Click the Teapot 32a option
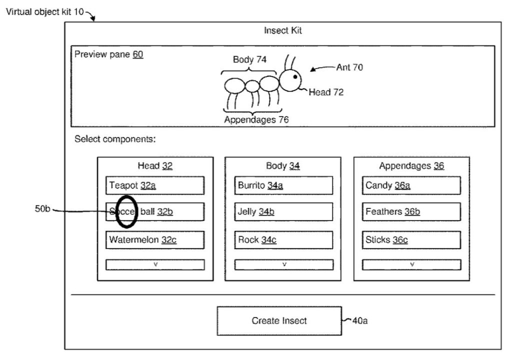(x=155, y=185)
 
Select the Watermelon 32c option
(x=155, y=240)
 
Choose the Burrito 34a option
(x=283, y=185)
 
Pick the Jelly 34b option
(x=283, y=212)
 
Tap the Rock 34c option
(x=283, y=240)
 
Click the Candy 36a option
(x=411, y=185)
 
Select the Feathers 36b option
(x=411, y=212)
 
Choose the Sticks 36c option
(x=411, y=240)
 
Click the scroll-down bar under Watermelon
(x=155, y=264)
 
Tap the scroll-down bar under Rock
(x=283, y=264)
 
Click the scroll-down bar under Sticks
(x=411, y=264)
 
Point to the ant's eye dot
(x=295, y=77)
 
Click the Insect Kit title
(x=282, y=31)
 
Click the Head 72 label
(x=326, y=92)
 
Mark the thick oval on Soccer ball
(x=125, y=211)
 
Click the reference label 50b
(x=42, y=209)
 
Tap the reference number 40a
(x=360, y=321)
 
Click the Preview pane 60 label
(x=109, y=54)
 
